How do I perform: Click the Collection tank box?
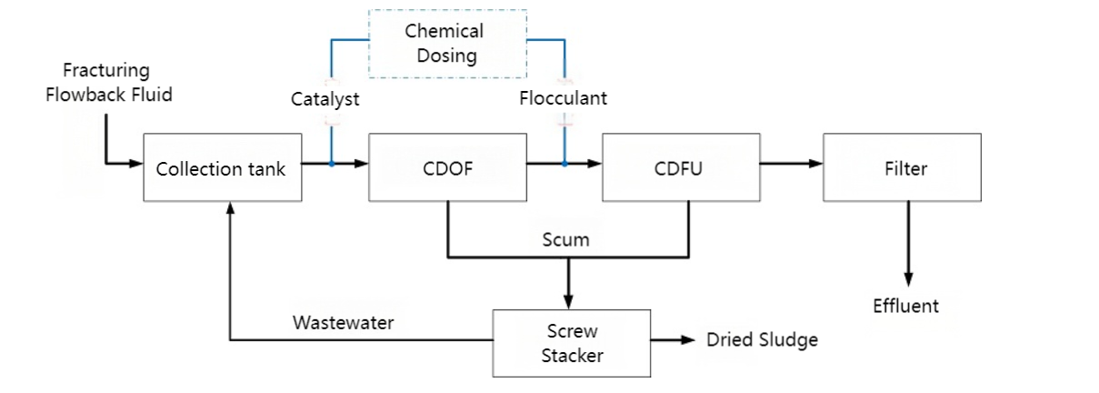(221, 167)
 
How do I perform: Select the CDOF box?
(447, 167)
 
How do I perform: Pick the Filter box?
(902, 167)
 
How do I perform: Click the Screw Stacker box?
(572, 343)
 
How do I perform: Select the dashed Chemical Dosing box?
(447, 43)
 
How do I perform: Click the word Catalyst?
(325, 99)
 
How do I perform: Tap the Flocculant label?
(564, 98)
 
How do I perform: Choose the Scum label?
(565, 240)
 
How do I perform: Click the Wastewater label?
(343, 323)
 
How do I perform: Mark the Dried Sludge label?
(762, 340)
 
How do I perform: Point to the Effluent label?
(905, 306)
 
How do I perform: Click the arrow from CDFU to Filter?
(791, 165)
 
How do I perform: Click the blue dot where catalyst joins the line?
(332, 165)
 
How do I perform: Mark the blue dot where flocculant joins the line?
(564, 165)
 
